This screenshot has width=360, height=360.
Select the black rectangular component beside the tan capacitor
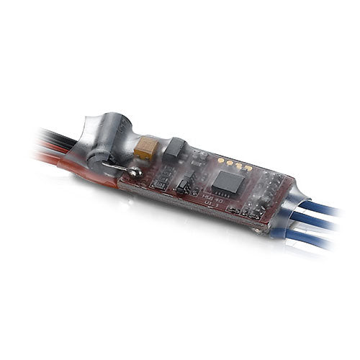[x=175, y=149]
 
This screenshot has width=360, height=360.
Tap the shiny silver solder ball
[x=134, y=173]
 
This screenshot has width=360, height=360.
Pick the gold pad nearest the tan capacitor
[x=219, y=161]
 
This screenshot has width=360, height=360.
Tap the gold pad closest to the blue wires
[x=249, y=169]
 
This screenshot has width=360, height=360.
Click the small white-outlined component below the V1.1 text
[x=234, y=210]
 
